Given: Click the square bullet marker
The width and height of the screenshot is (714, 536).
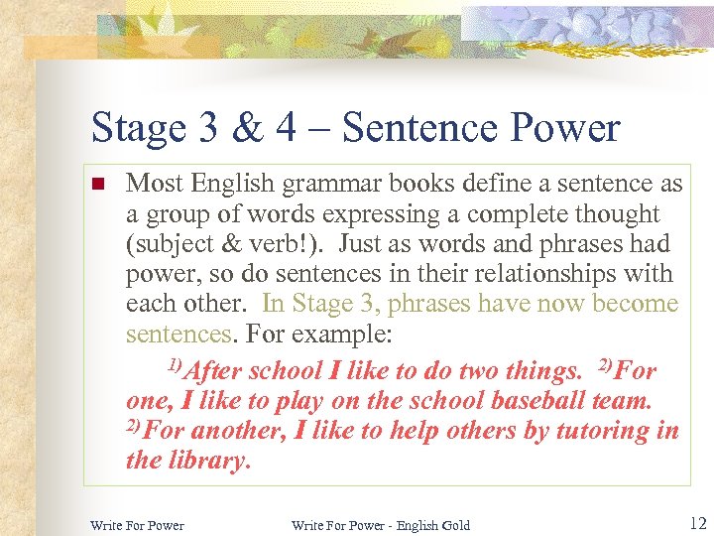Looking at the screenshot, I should (97, 185).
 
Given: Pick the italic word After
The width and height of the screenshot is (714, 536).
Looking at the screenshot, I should (213, 371).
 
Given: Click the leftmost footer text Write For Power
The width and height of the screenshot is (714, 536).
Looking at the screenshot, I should (137, 525).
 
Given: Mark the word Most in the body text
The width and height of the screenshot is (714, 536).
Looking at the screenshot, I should (155, 185).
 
